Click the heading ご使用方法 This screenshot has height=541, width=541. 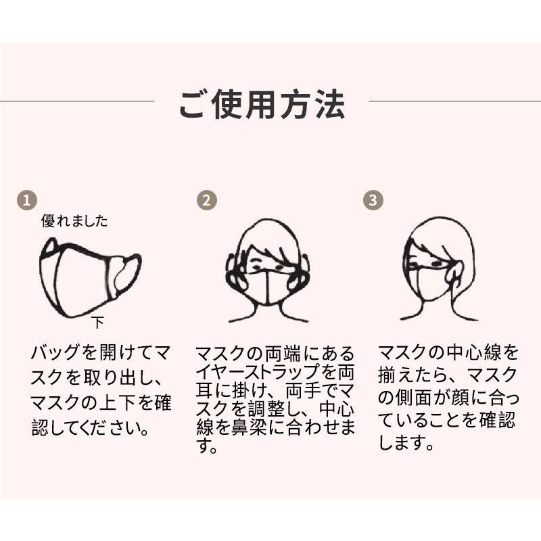[262, 105]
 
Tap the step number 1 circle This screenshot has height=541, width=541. [27, 200]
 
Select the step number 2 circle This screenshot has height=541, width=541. [207, 200]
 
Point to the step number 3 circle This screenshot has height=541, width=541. [373, 200]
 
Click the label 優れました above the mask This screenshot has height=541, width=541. [74, 221]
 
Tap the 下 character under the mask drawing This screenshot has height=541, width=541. [98, 323]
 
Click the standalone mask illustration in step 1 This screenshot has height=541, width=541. [91, 277]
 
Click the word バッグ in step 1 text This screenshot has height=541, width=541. [55, 352]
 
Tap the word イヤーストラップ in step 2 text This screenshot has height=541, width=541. [259, 372]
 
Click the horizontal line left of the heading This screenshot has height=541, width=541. [77, 101]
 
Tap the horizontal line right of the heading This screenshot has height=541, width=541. [454, 101]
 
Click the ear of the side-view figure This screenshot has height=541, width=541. [455, 272]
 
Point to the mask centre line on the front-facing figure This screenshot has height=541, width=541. [267, 287]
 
